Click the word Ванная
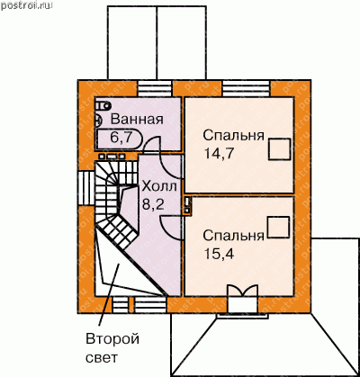[137, 120]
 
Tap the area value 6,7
[121, 138]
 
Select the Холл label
[159, 186]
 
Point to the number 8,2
[153, 204]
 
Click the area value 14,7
[218, 154]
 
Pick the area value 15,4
[219, 254]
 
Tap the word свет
[101, 358]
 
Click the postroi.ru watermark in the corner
[26, 5]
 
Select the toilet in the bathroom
[103, 105]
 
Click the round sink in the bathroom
[98, 121]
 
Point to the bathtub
[120, 139]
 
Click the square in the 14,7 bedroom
[280, 149]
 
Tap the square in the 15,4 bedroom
[278, 228]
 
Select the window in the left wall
[86, 188]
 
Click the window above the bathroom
[155, 88]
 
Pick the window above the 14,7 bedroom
[247, 88]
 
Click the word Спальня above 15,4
[234, 236]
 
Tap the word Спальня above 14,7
[234, 136]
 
